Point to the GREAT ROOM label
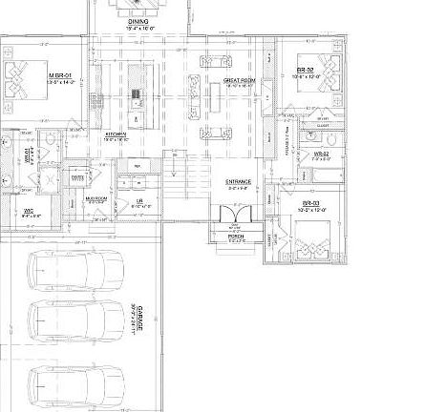tap(239, 81)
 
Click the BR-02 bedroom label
tap(306, 71)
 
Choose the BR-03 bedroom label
tap(311, 203)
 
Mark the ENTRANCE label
tap(239, 181)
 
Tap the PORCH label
tap(236, 237)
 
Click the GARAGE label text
tap(139, 318)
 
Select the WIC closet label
tap(30, 212)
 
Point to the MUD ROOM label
tap(96, 199)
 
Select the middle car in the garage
tap(75, 326)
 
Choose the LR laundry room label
tap(139, 201)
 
